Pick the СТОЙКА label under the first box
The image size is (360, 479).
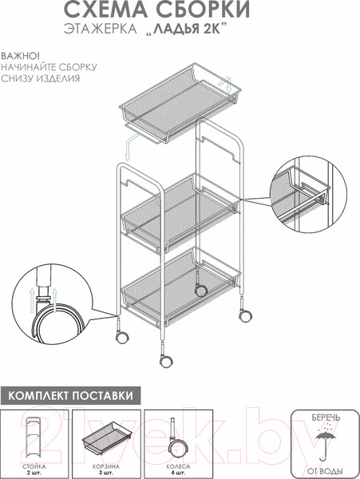coord(33,463)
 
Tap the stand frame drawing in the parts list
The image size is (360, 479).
coord(33,435)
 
